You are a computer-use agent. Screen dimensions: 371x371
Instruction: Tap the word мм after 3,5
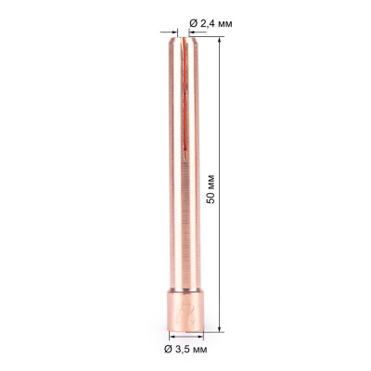(201, 349)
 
